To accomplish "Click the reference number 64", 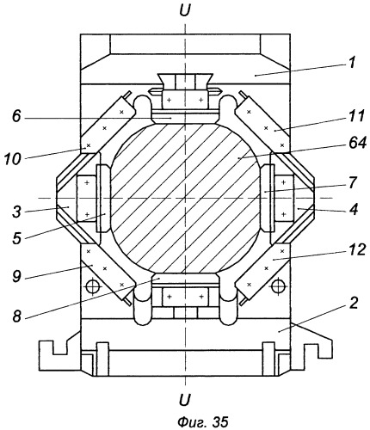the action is pyautogui.click(x=355, y=143).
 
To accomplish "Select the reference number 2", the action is pyautogui.click(x=355, y=304).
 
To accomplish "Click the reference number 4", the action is pyautogui.click(x=354, y=209).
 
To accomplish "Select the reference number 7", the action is pyautogui.click(x=354, y=183).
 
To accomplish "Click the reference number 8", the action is pyautogui.click(x=18, y=316).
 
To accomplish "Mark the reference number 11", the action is pyautogui.click(x=355, y=116).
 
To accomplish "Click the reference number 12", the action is pyautogui.click(x=355, y=249).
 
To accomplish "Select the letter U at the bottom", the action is pyautogui.click(x=185, y=399).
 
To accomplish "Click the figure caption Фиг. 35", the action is pyautogui.click(x=203, y=421).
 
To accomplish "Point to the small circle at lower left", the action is pyautogui.click(x=93, y=286).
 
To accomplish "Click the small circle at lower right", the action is pyautogui.click(x=277, y=286).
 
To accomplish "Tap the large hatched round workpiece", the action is pyautogui.click(x=185, y=199).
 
